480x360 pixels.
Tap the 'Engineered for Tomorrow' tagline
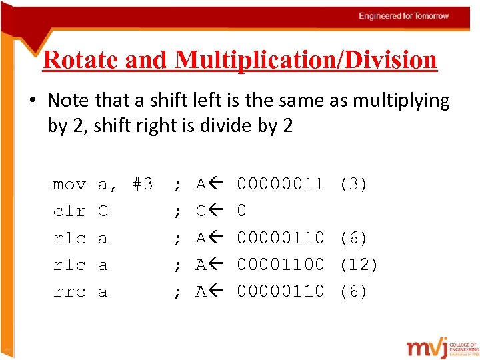tap(404, 15)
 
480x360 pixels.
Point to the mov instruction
tap(69, 184)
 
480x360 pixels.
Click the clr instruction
tap(69, 211)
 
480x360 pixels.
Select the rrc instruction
tap(69, 292)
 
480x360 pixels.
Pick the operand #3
tap(143, 184)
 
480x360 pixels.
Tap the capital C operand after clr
tap(103, 211)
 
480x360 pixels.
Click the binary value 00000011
tap(281, 184)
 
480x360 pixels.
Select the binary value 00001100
tap(281, 265)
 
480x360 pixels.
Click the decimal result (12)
tap(359, 265)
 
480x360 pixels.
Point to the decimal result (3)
tap(353, 184)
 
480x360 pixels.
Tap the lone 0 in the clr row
tap(242, 211)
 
